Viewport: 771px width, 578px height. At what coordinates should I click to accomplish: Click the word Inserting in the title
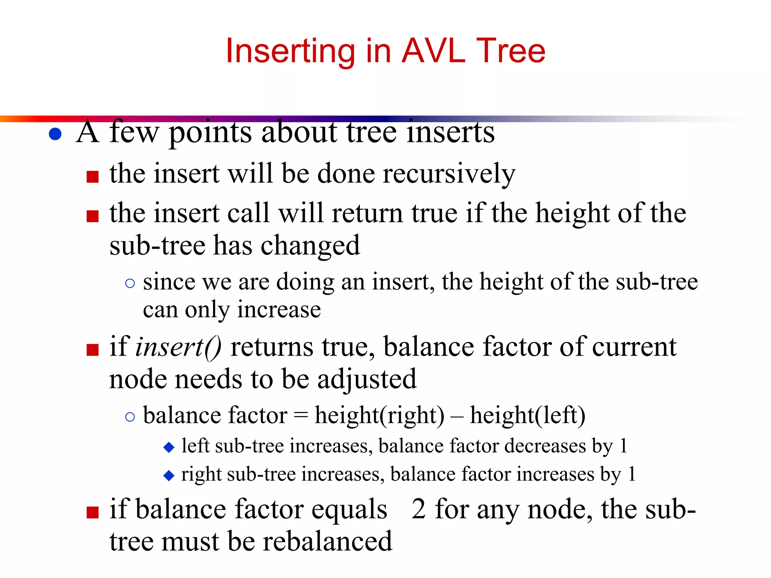point(290,52)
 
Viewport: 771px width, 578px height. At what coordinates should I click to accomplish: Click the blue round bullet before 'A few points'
point(55,134)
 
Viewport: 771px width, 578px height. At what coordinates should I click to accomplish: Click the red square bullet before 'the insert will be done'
point(93,176)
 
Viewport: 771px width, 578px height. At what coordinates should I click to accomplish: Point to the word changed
point(310,245)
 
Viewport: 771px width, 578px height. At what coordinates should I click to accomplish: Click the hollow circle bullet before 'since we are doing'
point(130,283)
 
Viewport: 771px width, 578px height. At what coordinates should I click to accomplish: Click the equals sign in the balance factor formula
point(301,416)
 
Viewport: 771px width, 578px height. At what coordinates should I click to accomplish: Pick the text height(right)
point(379,416)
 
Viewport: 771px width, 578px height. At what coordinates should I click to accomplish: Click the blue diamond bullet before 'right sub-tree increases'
point(169,476)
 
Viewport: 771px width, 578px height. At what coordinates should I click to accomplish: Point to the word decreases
point(545,446)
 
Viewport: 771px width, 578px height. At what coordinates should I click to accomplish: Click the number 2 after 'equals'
point(419,509)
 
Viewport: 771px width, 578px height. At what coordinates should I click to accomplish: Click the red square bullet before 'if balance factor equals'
point(93,512)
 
